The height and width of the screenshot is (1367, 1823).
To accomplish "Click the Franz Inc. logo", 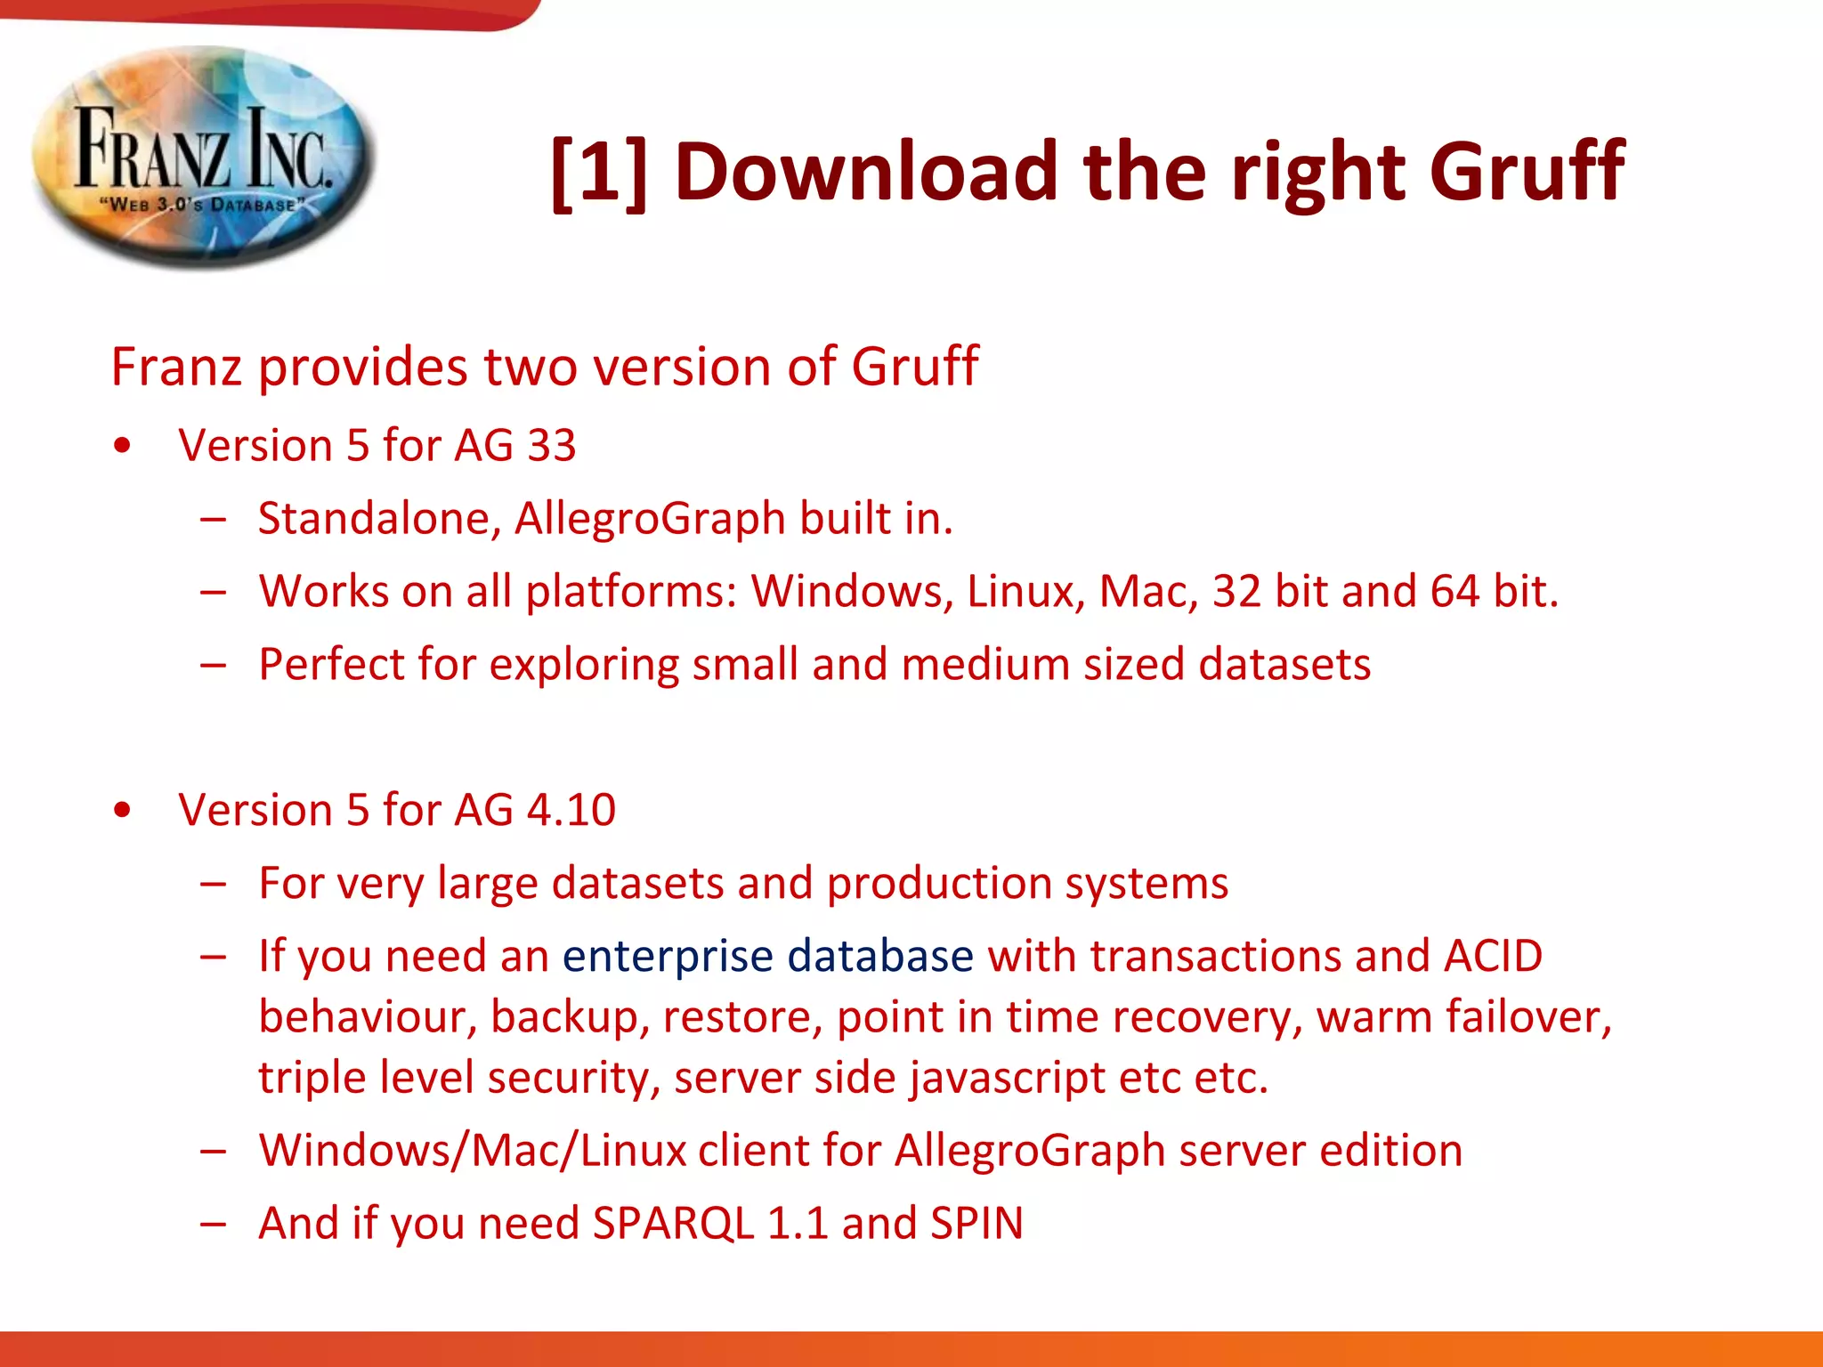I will click(x=203, y=158).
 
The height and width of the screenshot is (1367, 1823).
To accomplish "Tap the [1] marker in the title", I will click(x=598, y=171).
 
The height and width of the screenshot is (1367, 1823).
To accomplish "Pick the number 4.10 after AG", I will click(x=571, y=810).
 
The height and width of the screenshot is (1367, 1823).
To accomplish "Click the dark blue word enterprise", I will click(x=668, y=957).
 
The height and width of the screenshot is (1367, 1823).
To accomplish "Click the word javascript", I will click(x=1007, y=1079).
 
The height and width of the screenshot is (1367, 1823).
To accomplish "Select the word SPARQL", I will click(x=673, y=1224).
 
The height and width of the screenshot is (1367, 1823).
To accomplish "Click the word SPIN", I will click(x=976, y=1224).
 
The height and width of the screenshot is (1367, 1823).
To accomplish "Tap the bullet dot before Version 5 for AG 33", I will click(x=123, y=446).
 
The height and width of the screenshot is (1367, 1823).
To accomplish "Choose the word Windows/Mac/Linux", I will click(x=472, y=1151).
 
